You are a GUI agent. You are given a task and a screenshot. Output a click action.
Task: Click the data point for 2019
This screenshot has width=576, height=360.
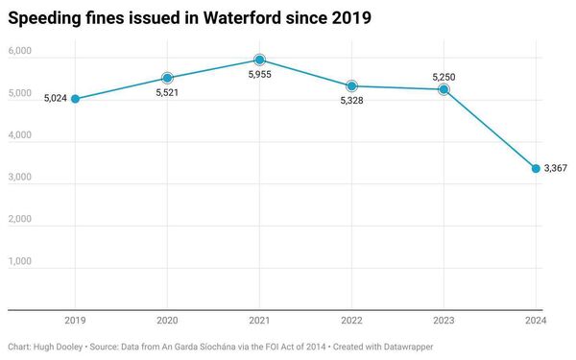[75, 99]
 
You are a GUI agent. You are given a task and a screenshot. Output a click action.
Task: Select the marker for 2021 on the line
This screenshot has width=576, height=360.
[259, 60]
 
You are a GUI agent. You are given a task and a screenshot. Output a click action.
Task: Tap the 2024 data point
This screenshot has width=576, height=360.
[536, 169]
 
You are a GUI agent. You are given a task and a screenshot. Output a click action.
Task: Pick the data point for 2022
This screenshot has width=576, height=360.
[351, 86]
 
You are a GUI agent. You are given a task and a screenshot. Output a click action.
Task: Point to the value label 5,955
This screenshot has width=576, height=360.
[259, 78]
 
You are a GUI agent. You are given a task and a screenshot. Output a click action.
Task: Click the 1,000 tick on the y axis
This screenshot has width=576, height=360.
[20, 261]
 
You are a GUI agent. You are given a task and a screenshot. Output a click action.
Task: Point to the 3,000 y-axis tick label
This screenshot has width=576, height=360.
[20, 178]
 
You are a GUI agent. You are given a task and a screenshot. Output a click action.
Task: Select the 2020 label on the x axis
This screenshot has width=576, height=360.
[167, 321]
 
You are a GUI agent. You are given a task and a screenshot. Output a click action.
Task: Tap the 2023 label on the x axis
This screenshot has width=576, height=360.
[444, 321]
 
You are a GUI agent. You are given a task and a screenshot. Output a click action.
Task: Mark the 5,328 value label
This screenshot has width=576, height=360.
[351, 105]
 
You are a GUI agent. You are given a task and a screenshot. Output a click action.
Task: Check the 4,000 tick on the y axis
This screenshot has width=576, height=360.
[20, 135]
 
